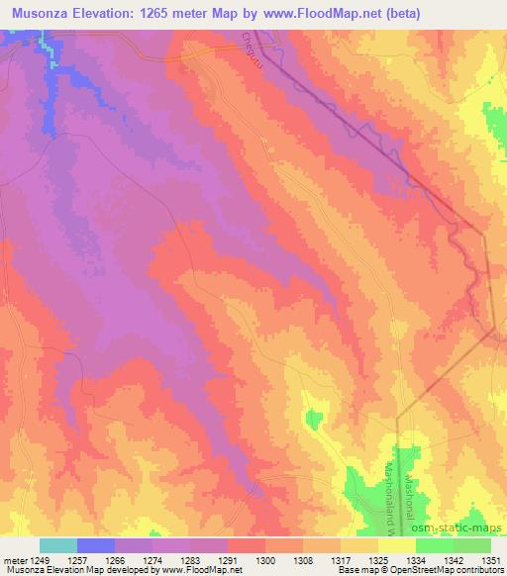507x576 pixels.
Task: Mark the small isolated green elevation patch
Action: [314, 420]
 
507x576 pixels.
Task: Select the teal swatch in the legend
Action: [59, 545]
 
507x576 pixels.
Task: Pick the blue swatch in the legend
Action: [96, 545]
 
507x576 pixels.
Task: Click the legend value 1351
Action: [490, 561]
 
